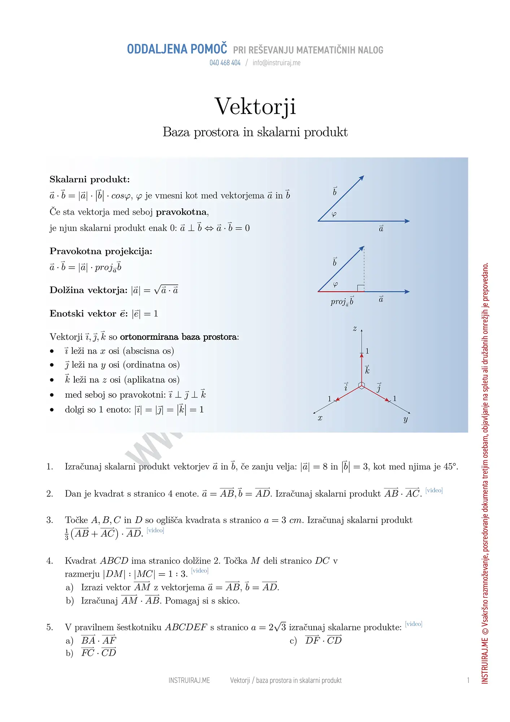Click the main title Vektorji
[255, 106]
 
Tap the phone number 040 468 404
[225, 63]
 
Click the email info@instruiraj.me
[276, 63]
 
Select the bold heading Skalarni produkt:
[90, 179]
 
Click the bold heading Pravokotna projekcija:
[101, 251]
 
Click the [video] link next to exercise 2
[434, 490]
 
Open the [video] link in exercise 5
[414, 624]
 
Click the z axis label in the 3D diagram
[355, 329]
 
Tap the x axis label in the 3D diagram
[320, 418]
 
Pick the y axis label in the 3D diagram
[406, 419]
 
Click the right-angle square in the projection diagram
[361, 288]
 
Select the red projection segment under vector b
[341, 291]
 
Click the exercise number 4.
[49, 561]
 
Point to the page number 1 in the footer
[468, 680]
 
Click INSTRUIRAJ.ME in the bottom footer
[189, 680]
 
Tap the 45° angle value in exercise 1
[450, 467]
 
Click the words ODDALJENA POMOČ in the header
[177, 49]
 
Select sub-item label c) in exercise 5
[293, 641]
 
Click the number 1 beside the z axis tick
[367, 351]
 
